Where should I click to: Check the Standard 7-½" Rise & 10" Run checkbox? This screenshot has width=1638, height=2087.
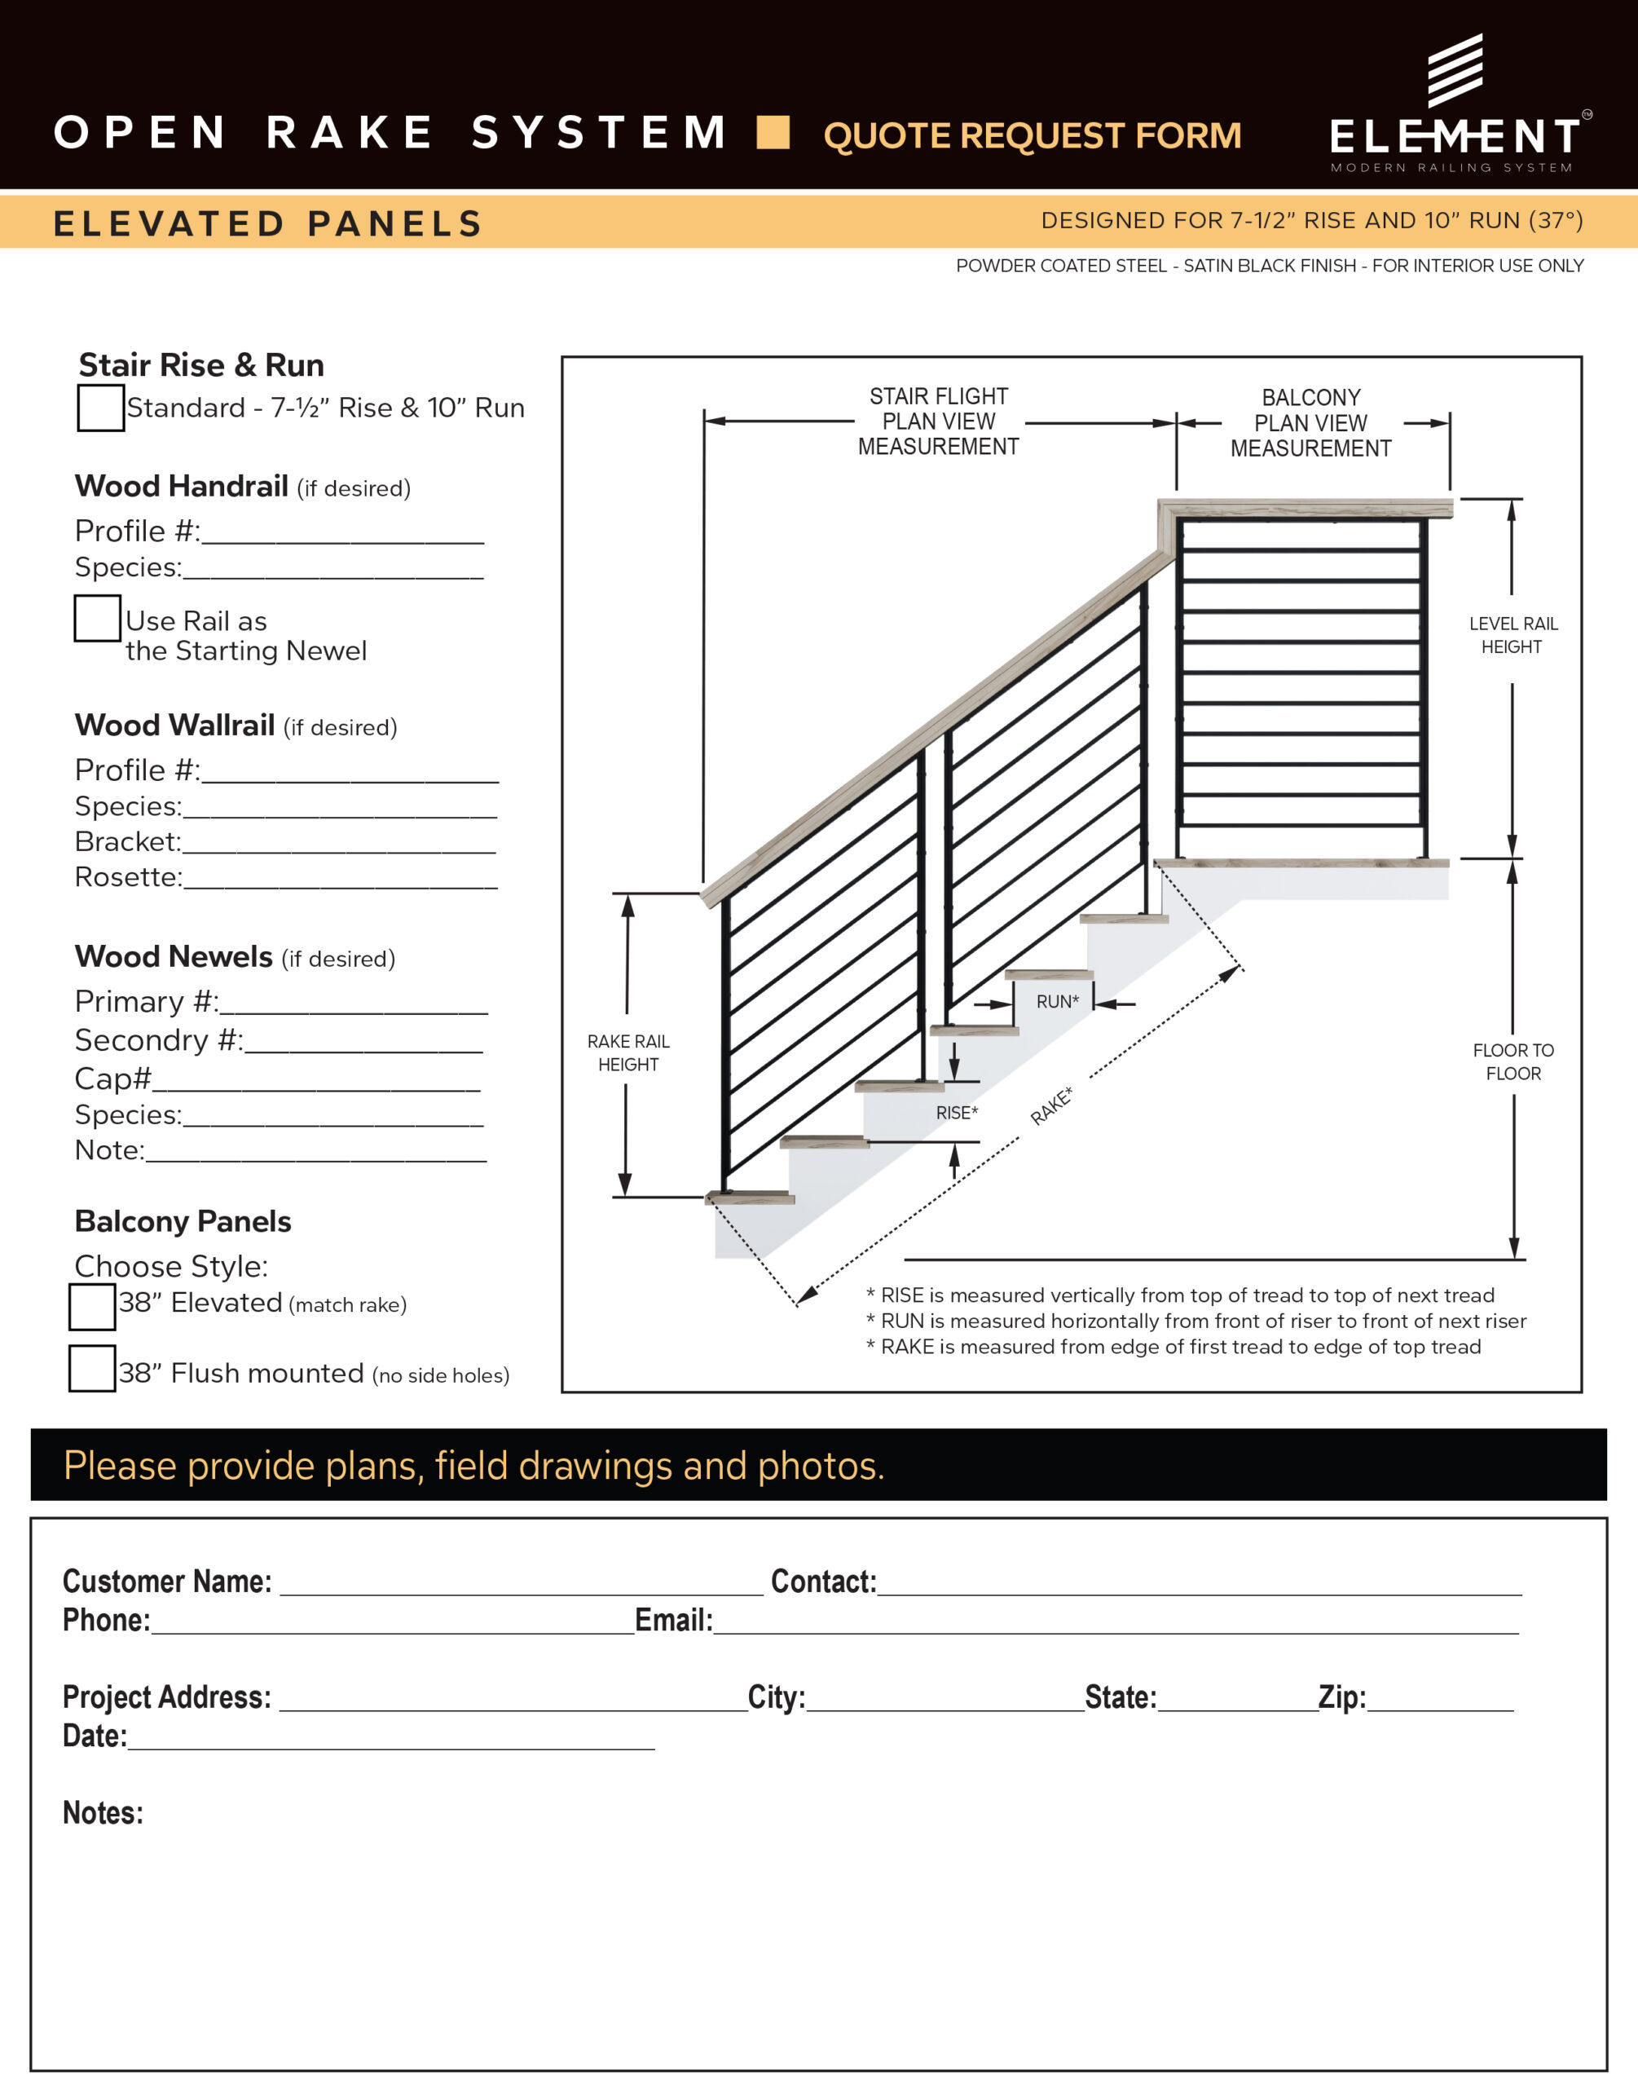[101, 408]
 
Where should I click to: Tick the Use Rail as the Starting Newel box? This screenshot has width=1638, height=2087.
[98, 619]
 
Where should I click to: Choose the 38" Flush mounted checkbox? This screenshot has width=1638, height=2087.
[92, 1369]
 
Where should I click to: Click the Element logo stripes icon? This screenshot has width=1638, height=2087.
[1455, 70]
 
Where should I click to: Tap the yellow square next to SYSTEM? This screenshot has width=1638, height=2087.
[773, 132]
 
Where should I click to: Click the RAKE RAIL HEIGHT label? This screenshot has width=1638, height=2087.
[628, 1053]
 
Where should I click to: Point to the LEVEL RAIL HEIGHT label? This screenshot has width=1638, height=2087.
[1513, 635]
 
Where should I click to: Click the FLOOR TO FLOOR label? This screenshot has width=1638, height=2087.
[1513, 1061]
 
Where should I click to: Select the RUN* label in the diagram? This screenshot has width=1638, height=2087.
[1057, 1001]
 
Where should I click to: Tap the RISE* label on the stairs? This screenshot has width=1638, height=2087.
[956, 1113]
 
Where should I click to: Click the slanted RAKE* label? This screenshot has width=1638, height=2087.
[1052, 1105]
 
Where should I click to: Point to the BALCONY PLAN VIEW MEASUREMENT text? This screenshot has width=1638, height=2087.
[1310, 423]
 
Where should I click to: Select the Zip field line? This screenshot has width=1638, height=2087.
[1441, 1701]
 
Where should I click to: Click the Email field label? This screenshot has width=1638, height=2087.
[673, 1620]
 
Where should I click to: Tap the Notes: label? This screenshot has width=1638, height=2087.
[103, 1813]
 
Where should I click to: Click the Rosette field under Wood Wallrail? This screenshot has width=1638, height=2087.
[341, 879]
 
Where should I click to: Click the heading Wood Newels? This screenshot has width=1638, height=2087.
[174, 956]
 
